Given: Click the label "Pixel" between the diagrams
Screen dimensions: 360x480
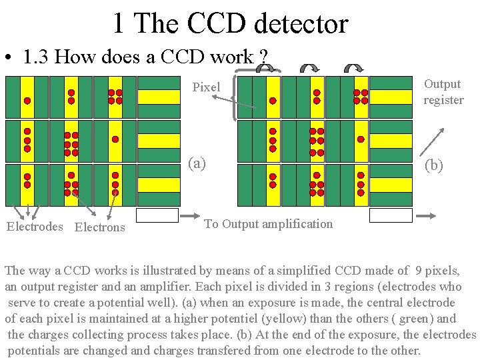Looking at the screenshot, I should pyautogui.click(x=206, y=87).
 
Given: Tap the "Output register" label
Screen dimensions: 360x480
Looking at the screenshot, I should pyautogui.click(x=443, y=92).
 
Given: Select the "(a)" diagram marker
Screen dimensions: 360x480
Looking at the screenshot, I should pyautogui.click(x=197, y=163).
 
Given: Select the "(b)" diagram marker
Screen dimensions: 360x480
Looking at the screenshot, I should pyautogui.click(x=433, y=165).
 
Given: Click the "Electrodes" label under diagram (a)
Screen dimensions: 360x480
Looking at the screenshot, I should pyautogui.click(x=35, y=227).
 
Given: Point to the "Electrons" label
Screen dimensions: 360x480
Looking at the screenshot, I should pyautogui.click(x=100, y=227).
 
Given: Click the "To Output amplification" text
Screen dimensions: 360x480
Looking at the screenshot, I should pyautogui.click(x=268, y=224).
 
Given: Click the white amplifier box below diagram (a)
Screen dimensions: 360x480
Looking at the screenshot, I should pyautogui.click(x=157, y=215).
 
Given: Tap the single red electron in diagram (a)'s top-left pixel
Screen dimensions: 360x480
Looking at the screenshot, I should pyautogui.click(x=27, y=101).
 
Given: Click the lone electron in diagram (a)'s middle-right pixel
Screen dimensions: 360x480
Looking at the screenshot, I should pyautogui.click(x=115, y=140).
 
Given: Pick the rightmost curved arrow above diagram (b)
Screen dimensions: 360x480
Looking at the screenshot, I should pyautogui.click(x=353, y=67).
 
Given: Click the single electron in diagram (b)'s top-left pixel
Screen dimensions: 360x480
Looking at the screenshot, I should pyautogui.click(x=273, y=101).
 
